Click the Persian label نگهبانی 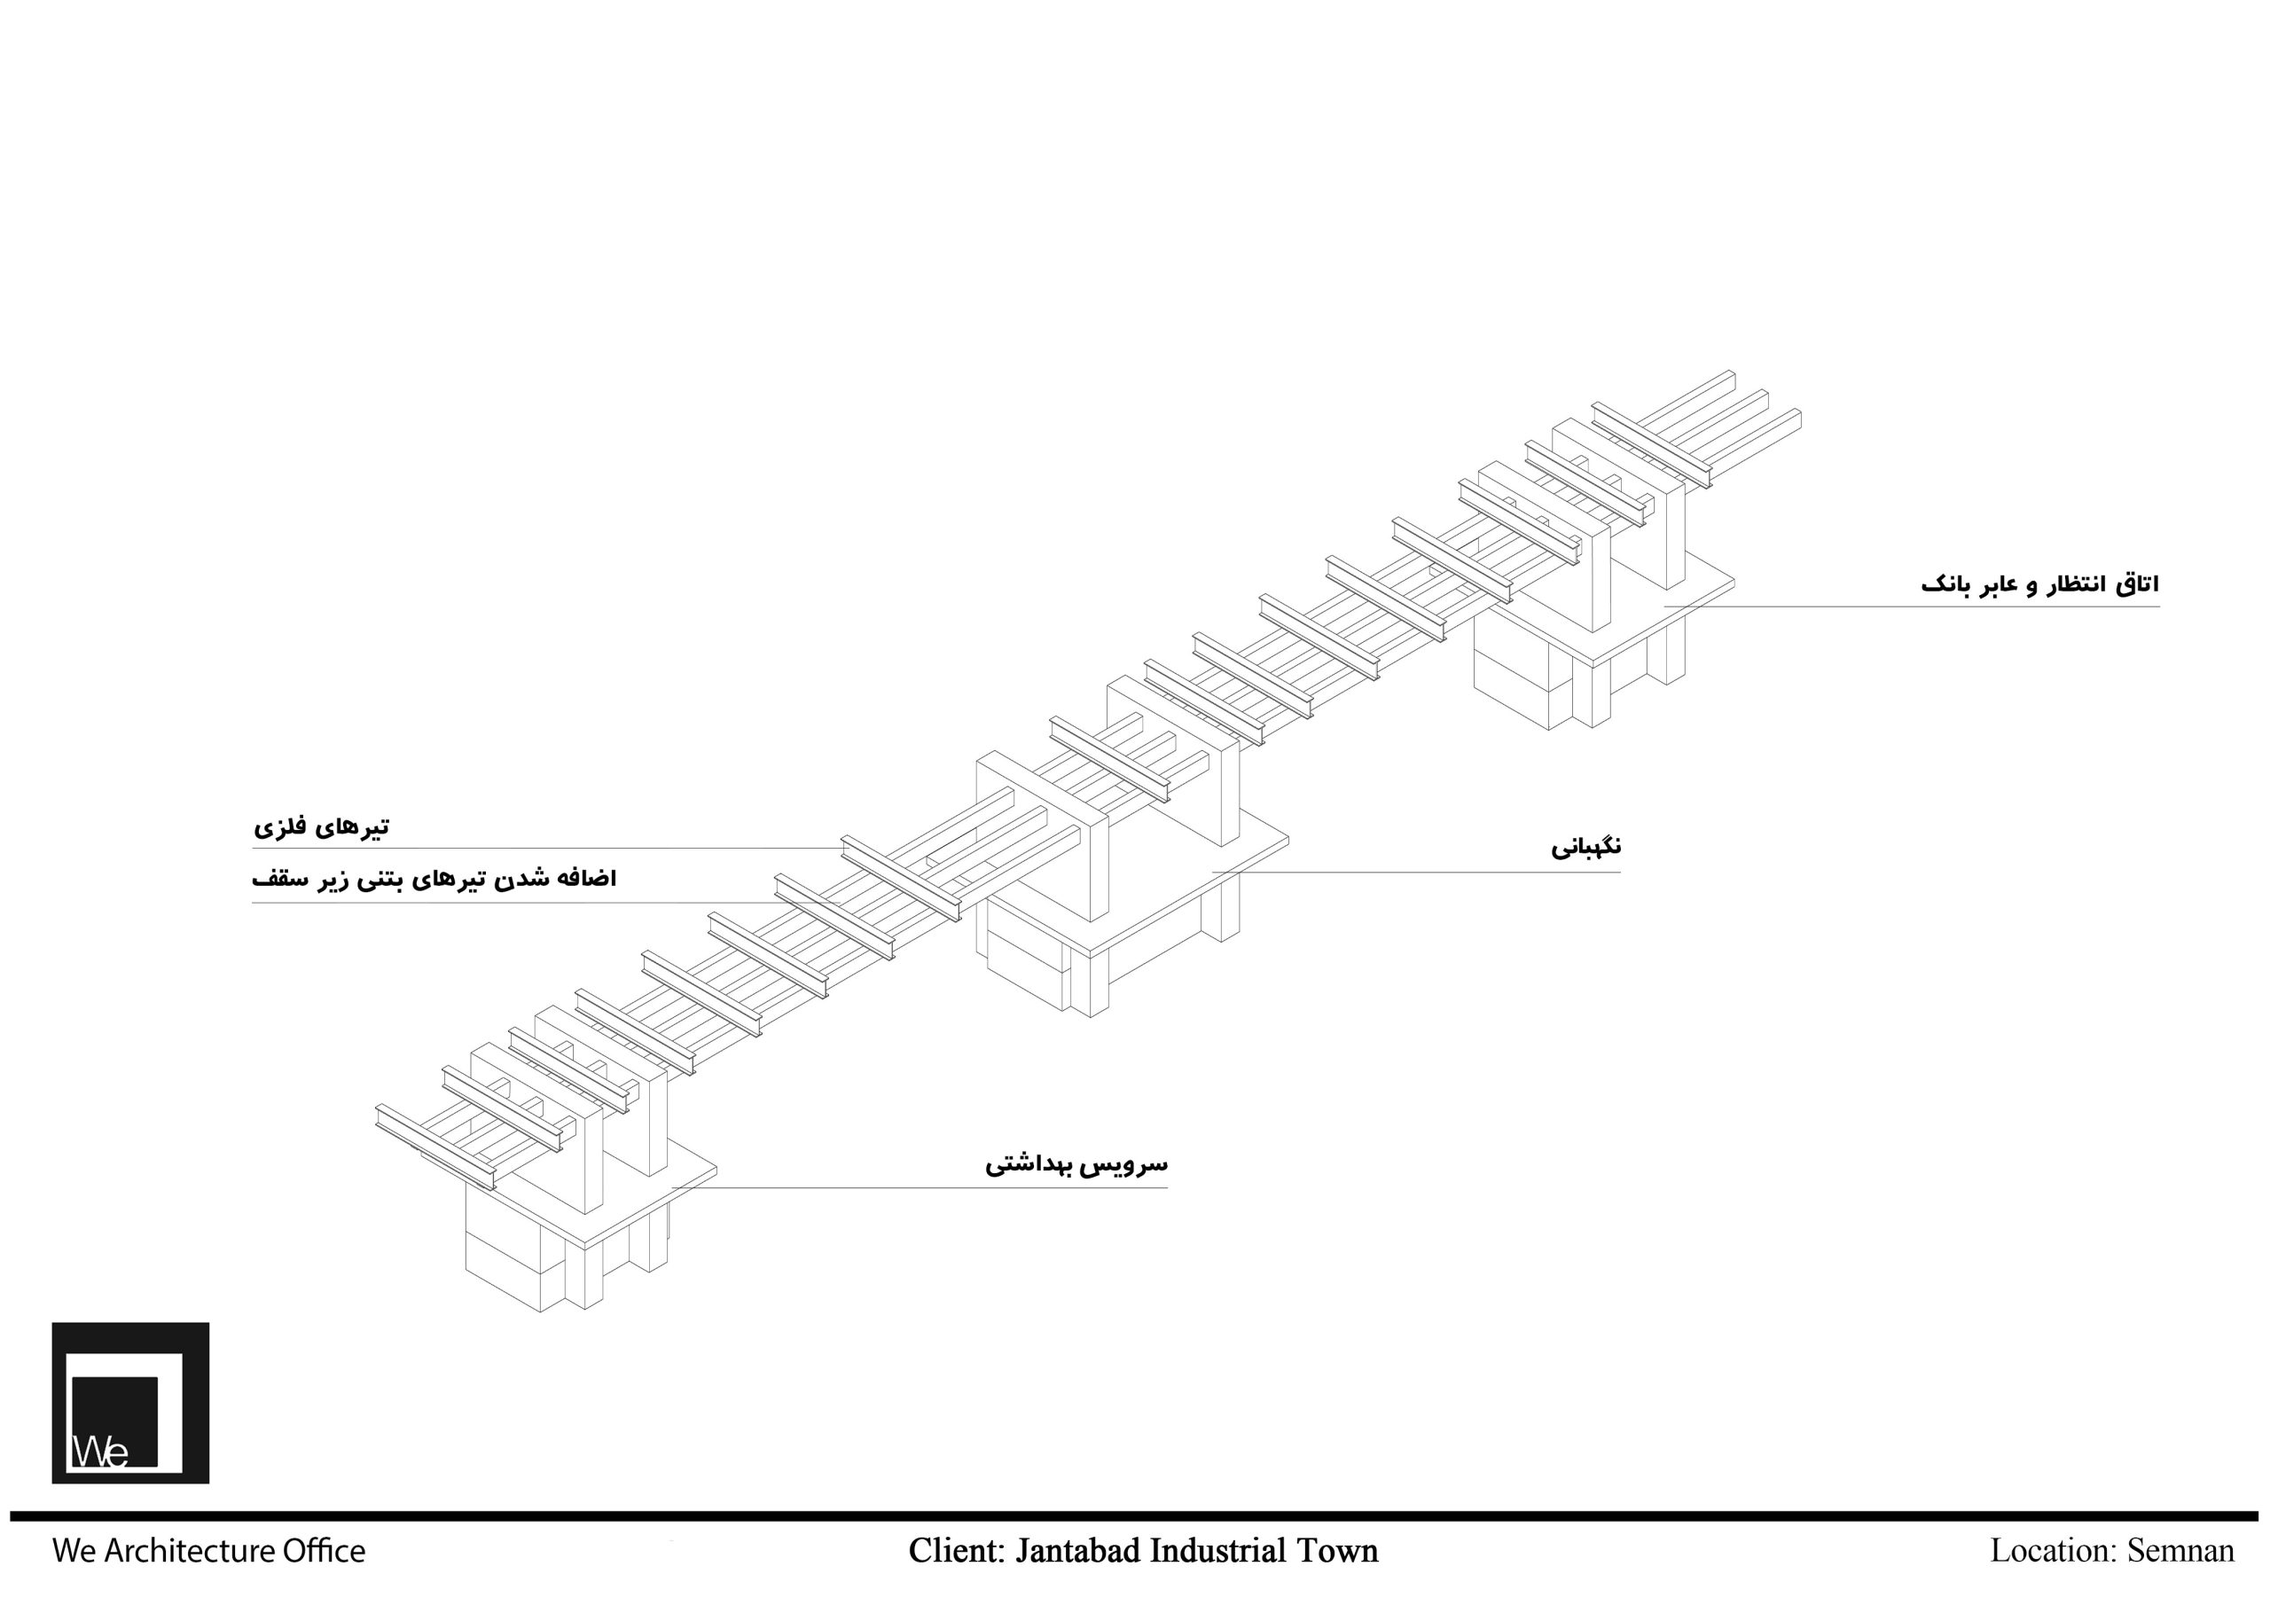(x=1585, y=848)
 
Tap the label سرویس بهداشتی (x=1076, y=1164)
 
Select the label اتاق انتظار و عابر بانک (x=2039, y=584)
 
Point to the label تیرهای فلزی (x=321, y=826)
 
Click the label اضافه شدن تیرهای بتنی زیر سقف (x=434, y=879)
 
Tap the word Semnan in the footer (x=2180, y=1551)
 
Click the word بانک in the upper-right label (x=1945, y=585)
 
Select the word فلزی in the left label (x=282, y=827)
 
